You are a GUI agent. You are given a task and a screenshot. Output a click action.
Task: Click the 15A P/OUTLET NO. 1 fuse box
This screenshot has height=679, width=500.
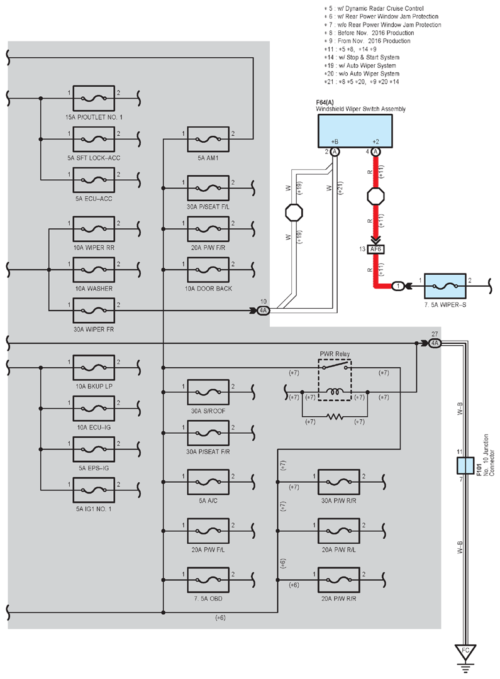pos(94,98)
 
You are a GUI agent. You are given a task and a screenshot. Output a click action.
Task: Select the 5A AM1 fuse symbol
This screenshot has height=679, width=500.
pos(208,139)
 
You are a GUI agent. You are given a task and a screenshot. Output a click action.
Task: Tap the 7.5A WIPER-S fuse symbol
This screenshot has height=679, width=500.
pos(445,286)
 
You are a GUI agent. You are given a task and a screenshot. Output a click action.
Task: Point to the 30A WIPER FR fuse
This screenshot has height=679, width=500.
pos(94,311)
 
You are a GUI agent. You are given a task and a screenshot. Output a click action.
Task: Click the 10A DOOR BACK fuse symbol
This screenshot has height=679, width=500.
pos(208,270)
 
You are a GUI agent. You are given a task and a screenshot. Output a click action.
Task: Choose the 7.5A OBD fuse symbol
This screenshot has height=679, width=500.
pos(208,580)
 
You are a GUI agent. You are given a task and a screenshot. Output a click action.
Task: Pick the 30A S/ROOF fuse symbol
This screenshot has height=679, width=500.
pos(208,392)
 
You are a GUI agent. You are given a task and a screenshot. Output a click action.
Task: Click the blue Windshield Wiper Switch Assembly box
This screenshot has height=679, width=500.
pos(355,131)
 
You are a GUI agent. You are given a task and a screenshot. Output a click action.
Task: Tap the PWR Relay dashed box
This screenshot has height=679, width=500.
pos(335,380)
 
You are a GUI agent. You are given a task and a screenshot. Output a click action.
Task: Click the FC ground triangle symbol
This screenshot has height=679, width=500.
pos(465,653)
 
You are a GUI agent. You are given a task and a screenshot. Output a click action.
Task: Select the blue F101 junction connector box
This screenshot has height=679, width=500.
pos(465,465)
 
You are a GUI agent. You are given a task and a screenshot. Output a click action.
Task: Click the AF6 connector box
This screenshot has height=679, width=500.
pos(375,250)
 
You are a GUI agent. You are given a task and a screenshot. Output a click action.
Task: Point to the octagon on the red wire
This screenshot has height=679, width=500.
pos(375,196)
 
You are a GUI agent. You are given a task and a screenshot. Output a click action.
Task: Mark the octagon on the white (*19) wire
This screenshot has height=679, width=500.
pos(294,213)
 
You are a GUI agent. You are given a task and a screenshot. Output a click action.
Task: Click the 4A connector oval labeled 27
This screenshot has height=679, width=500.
pos(435,343)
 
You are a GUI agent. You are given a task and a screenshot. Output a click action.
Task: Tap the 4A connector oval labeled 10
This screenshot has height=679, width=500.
pos(263,311)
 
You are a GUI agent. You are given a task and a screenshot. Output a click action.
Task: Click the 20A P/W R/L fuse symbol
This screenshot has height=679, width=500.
pos(339,531)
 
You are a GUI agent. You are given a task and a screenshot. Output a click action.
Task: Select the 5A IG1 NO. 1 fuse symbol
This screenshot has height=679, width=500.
pos(94,490)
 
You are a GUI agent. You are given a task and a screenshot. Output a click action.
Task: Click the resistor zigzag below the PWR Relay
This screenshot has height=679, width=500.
pos(335,417)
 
